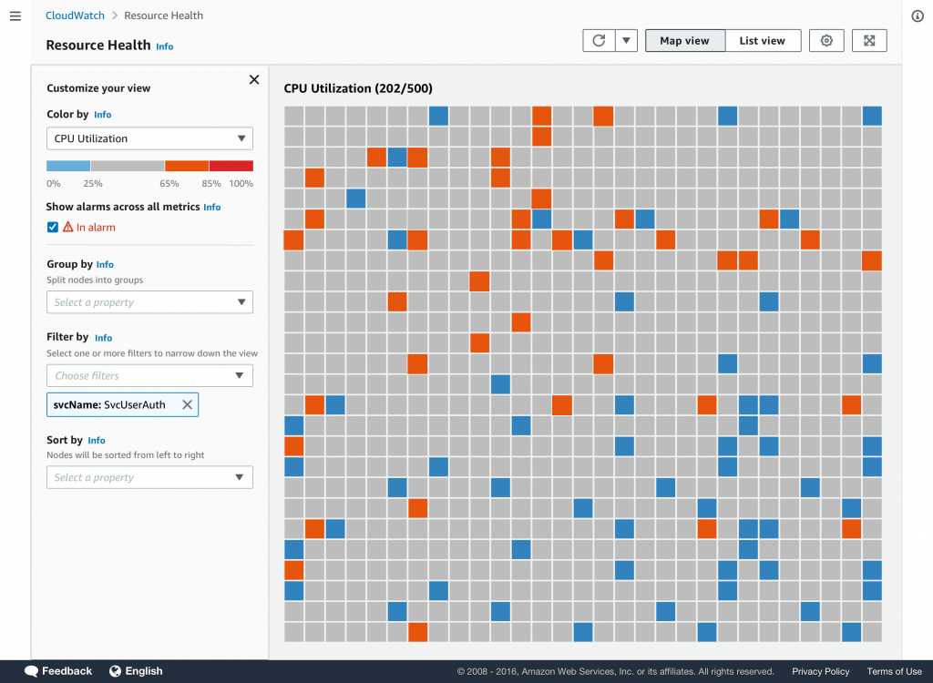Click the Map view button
tap(684, 40)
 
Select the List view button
tap(763, 40)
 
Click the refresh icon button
tap(599, 40)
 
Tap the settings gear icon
tap(826, 40)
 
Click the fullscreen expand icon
tap(869, 40)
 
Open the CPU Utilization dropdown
tap(149, 138)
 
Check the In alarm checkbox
tap(53, 227)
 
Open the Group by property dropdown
tap(149, 302)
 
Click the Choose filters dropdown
tap(149, 375)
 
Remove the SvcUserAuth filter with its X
tap(187, 404)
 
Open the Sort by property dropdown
tap(149, 477)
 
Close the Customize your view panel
tap(254, 80)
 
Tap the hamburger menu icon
tap(15, 15)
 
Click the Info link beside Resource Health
tap(164, 46)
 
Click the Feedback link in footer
tap(59, 671)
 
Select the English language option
tap(136, 671)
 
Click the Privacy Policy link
tap(820, 671)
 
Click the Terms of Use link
tap(894, 671)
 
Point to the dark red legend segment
tap(231, 166)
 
